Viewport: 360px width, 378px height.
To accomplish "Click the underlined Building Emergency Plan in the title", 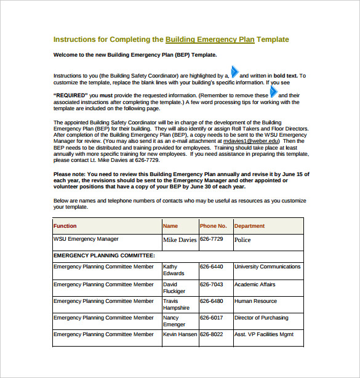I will tap(210, 39).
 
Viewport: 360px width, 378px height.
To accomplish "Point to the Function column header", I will tap(65, 226).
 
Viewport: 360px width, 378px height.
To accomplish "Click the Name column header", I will tap(170, 226).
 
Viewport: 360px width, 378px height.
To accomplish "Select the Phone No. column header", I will tap(214, 226).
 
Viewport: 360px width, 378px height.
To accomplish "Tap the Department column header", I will tap(250, 226).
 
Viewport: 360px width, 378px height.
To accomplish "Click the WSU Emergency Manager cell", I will tap(86, 239).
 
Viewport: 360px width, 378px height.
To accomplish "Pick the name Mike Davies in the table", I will tap(180, 240).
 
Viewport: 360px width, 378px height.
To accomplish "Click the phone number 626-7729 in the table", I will tap(212, 239).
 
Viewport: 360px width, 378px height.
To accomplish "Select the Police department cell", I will tap(243, 240).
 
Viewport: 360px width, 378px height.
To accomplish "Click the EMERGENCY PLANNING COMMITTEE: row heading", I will tap(104, 255).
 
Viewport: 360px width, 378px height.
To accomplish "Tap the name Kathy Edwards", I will tap(174, 270).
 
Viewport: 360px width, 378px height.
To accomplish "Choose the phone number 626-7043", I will tap(212, 284).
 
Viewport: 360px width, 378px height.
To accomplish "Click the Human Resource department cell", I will tap(255, 301).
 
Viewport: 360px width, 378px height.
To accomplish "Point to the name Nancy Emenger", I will tap(174, 321).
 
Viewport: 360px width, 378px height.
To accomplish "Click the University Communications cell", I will tap(267, 267).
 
